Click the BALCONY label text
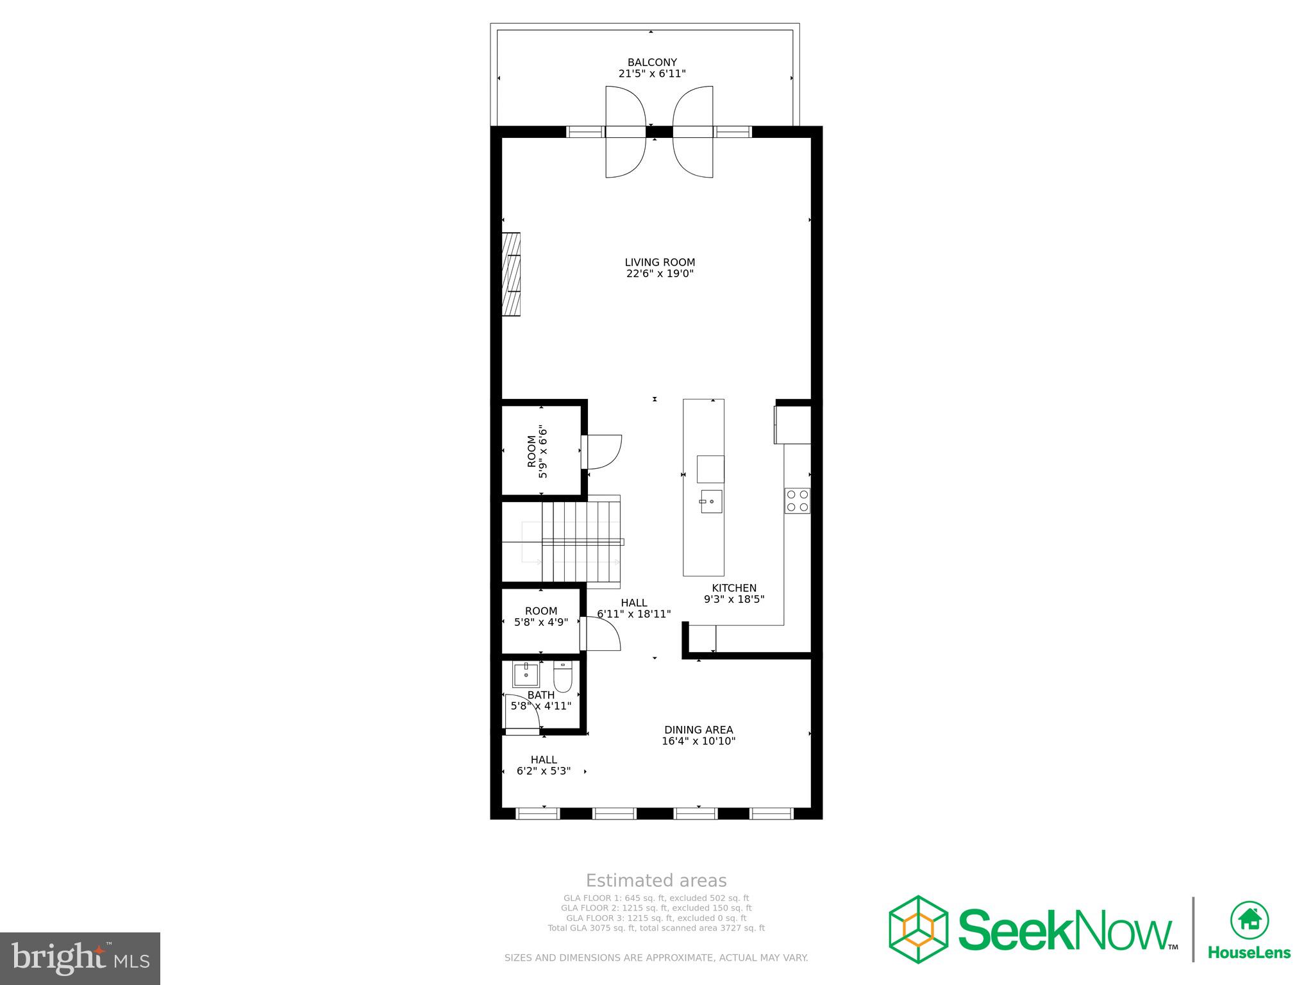(651, 62)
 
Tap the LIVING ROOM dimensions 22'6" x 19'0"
(660, 274)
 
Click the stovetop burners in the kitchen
(797, 500)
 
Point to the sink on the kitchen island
(710, 501)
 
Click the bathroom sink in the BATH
(526, 675)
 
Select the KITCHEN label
(734, 588)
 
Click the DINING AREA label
(698, 730)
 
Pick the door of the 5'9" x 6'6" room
(603, 452)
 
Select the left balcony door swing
(626, 131)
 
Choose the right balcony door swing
(692, 131)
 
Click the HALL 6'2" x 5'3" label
(544, 765)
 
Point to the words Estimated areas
(656, 880)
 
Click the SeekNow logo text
(1064, 929)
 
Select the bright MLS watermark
(80, 958)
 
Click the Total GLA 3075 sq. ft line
(656, 928)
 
